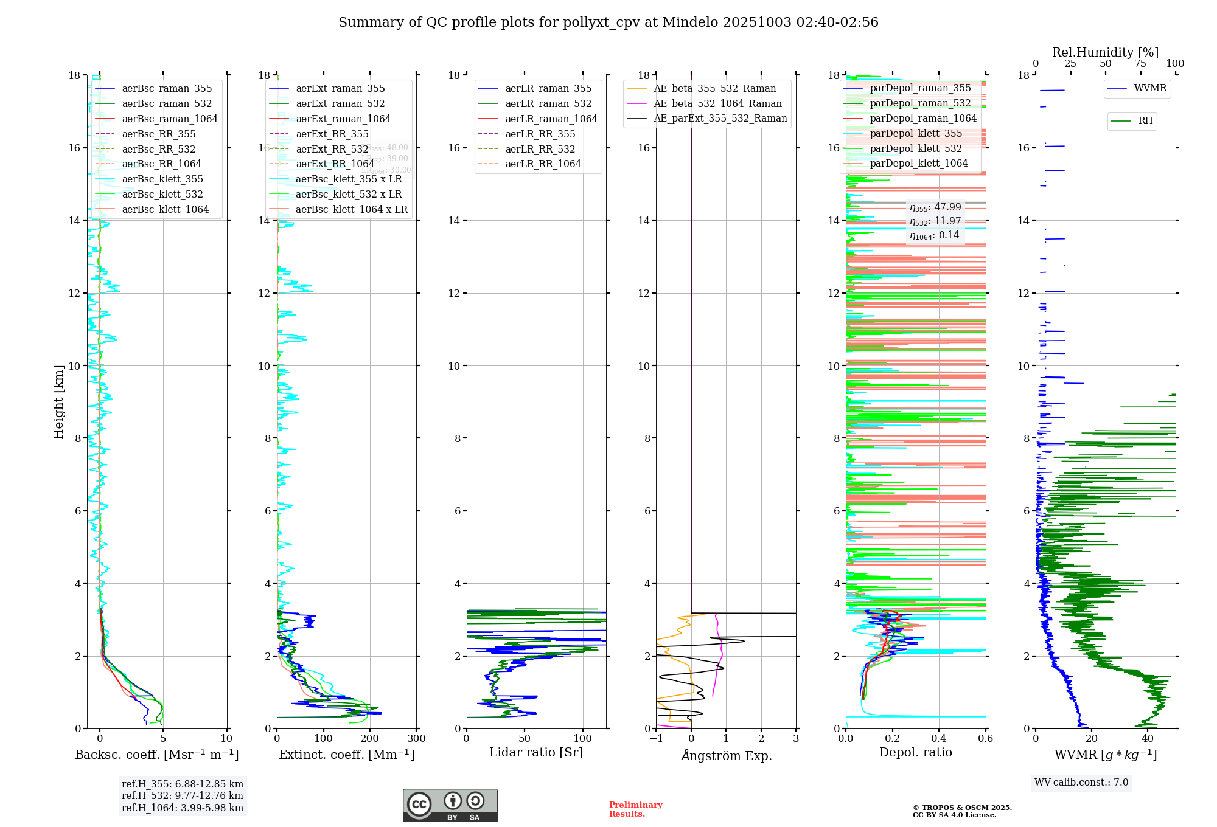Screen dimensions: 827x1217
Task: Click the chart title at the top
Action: point(608,22)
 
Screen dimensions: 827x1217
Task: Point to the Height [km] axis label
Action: point(58,402)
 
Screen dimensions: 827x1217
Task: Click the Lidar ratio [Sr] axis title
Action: point(536,753)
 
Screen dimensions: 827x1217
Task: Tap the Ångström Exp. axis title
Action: point(726,755)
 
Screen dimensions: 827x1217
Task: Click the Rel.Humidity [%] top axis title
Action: point(1105,52)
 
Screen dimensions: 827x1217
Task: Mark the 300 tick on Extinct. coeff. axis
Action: point(417,739)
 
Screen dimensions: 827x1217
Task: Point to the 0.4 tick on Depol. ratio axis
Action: point(939,739)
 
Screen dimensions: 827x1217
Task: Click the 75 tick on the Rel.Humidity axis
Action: point(1140,64)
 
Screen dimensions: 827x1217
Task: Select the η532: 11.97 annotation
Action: point(935,221)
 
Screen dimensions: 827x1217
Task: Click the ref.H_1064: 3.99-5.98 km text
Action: point(183,808)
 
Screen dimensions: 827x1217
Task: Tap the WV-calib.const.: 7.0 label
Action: point(1081,783)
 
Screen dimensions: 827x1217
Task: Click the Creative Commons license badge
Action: point(450,805)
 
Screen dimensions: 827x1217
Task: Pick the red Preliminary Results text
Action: point(635,809)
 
